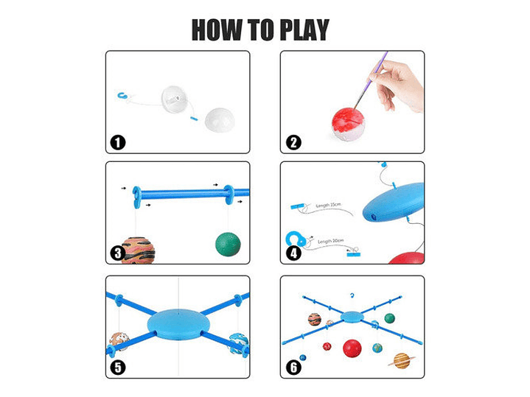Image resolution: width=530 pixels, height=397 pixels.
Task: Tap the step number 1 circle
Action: coord(118,142)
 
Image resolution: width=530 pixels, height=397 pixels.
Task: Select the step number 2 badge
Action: coord(294,142)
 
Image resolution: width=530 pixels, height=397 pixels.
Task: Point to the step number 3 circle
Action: coord(118,253)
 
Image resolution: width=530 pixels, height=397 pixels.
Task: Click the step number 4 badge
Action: coord(294,253)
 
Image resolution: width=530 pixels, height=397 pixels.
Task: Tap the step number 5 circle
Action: coord(118,366)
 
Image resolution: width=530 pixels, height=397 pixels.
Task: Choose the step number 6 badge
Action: coord(294,366)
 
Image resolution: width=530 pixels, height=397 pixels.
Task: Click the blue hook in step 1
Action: coord(123,95)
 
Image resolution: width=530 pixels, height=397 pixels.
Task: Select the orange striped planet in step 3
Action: coord(138,250)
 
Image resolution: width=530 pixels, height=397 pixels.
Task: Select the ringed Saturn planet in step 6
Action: coord(402,360)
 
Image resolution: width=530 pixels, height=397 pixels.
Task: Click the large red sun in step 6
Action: coord(352,348)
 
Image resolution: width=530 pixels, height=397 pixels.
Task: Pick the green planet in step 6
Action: coord(389,318)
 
